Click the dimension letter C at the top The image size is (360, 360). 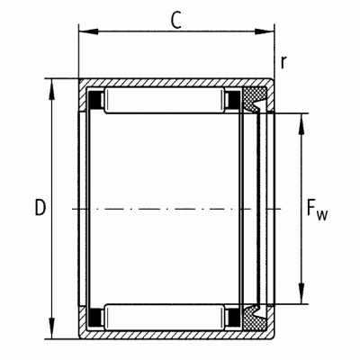pyautogui.click(x=176, y=21)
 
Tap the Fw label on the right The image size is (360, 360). pyautogui.click(x=317, y=211)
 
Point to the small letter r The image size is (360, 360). pyautogui.click(x=283, y=62)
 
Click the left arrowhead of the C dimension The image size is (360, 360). pyautogui.click(x=88, y=31)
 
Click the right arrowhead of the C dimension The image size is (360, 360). pyautogui.click(x=265, y=31)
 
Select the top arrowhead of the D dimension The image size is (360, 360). pyautogui.click(x=52, y=89)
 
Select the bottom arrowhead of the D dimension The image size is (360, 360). pyautogui.click(x=52, y=329)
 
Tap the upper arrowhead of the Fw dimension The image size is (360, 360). pyautogui.click(x=301, y=123)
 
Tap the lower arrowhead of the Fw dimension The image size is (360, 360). pyautogui.click(x=301, y=294)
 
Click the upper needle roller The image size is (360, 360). pyautogui.click(x=165, y=101)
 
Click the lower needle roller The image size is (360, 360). pyautogui.click(x=165, y=318)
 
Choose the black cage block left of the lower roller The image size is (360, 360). pyautogui.click(x=94, y=318)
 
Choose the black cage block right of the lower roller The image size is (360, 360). pyautogui.click(x=234, y=318)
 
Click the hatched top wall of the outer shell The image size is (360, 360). pyautogui.click(x=176, y=83)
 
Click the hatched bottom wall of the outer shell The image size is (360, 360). pyautogui.click(x=176, y=335)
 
